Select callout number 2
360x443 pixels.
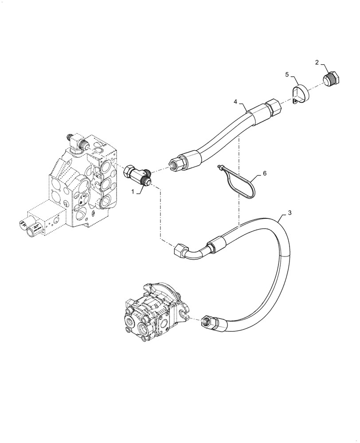(317, 62)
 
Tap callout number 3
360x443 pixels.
(290, 213)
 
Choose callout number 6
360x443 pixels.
(264, 174)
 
